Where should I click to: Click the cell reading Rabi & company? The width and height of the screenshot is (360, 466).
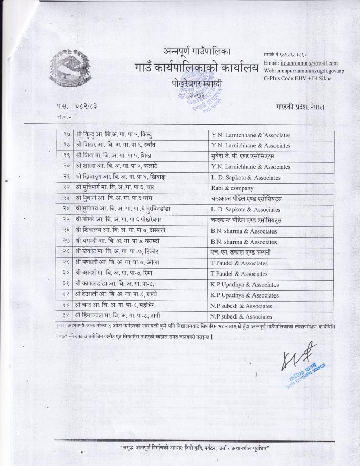271,188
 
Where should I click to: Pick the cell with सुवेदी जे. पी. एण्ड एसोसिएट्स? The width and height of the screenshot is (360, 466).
271,156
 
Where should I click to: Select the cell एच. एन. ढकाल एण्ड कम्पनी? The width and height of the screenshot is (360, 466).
271,252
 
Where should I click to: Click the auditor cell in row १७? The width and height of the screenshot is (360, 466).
271,135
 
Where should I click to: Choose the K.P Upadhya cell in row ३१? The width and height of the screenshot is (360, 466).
271,284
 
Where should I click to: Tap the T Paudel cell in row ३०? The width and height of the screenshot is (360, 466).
271,273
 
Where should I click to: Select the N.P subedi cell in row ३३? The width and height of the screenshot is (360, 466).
271,306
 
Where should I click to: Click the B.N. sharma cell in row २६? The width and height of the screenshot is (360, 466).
271,231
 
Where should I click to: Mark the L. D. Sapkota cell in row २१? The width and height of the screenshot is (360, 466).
271,177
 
